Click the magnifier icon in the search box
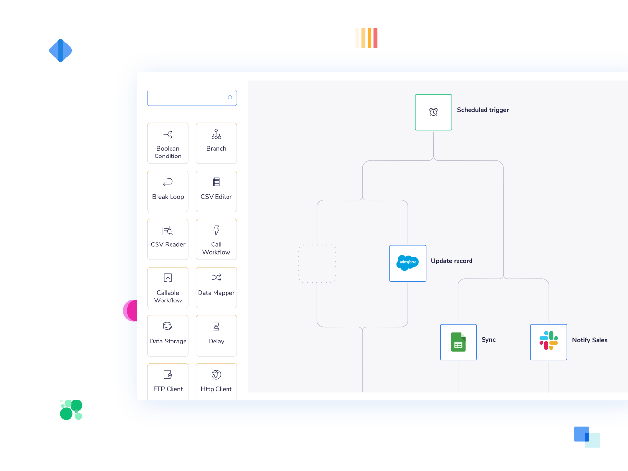pyautogui.click(x=229, y=98)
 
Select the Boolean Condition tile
pyautogui.click(x=168, y=143)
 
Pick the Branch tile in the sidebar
pyautogui.click(x=216, y=143)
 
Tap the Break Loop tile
pyautogui.click(x=168, y=191)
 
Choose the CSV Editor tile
pyautogui.click(x=216, y=191)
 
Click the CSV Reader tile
pyautogui.click(x=168, y=239)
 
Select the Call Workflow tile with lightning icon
pyautogui.click(x=216, y=239)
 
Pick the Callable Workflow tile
pyautogui.click(x=168, y=287)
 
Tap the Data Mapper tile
pyautogui.click(x=216, y=287)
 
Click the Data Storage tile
pyautogui.click(x=168, y=335)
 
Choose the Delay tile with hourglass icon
pyautogui.click(x=216, y=335)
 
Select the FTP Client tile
pyautogui.click(x=168, y=382)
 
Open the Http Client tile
pyautogui.click(x=216, y=382)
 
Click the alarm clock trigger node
pyautogui.click(x=433, y=112)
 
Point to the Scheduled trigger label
pyautogui.click(x=483, y=110)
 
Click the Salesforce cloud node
pyautogui.click(x=408, y=263)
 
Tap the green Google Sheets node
pyautogui.click(x=458, y=342)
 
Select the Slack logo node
pyautogui.click(x=548, y=342)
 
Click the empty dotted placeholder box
pyautogui.click(x=317, y=263)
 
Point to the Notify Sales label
pyautogui.click(x=589, y=340)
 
